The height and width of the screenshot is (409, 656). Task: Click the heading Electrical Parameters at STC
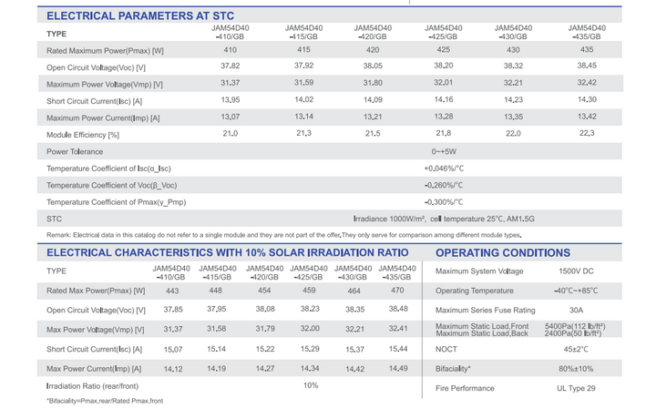(x=140, y=15)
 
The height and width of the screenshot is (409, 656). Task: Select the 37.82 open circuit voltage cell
(x=231, y=66)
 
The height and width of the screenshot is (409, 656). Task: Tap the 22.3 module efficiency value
(x=587, y=133)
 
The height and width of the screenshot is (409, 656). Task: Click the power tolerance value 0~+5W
(x=444, y=151)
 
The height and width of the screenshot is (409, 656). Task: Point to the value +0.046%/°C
(x=444, y=169)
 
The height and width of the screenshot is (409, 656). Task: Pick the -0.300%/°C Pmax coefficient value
(x=444, y=202)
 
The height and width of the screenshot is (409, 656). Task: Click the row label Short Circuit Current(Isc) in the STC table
(x=94, y=101)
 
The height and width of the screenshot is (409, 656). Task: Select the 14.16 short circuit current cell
(x=444, y=99)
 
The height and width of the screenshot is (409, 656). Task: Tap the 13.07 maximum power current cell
(x=231, y=117)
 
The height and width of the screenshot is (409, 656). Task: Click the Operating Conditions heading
(x=503, y=253)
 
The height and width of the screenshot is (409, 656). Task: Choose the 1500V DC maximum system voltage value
(x=576, y=271)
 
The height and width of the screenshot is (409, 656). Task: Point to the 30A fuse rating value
(x=576, y=311)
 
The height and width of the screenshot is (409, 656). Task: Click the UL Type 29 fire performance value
(x=576, y=388)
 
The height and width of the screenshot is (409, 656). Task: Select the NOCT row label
(x=446, y=349)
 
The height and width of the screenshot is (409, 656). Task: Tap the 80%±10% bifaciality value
(x=576, y=369)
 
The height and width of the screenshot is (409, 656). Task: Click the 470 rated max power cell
(x=397, y=291)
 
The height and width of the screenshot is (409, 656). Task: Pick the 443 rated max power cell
(x=172, y=291)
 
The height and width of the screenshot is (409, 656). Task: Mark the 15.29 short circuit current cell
(x=310, y=349)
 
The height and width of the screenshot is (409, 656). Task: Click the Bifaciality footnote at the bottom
(x=105, y=401)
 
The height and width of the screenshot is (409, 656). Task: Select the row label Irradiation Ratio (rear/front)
(x=92, y=386)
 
